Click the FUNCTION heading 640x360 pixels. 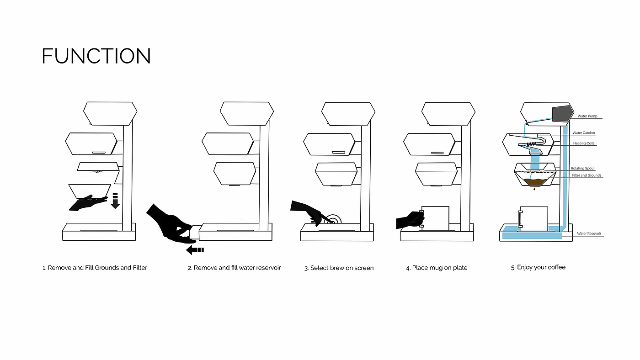click(x=96, y=56)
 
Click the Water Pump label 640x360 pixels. click(x=587, y=116)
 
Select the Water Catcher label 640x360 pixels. click(x=584, y=133)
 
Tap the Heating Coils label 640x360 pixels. click(x=584, y=143)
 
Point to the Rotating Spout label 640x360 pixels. click(x=583, y=169)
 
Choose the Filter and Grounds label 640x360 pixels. click(x=587, y=175)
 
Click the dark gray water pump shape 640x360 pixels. click(x=562, y=114)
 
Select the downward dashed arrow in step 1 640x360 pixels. click(x=115, y=201)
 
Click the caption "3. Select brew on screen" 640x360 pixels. click(x=339, y=268)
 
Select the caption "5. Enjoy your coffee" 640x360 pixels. click(x=538, y=267)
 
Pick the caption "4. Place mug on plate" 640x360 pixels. click(x=437, y=268)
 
